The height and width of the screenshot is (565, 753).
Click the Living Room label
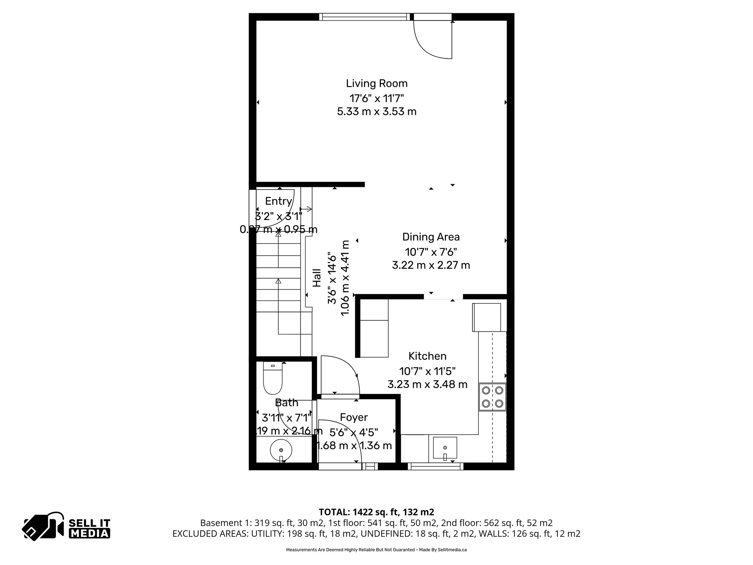(x=376, y=83)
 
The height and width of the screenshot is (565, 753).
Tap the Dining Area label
(x=431, y=237)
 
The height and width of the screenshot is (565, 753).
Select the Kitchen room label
(x=427, y=356)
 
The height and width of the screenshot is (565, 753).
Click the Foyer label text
(x=354, y=417)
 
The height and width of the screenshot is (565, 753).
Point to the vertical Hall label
(x=317, y=278)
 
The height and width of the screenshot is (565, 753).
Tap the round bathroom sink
(x=281, y=450)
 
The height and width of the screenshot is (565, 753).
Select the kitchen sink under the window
(x=445, y=448)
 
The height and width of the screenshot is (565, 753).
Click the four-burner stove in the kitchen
(x=492, y=397)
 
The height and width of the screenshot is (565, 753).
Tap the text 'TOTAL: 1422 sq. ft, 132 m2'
(x=376, y=512)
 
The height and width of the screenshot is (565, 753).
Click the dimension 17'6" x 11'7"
(x=376, y=98)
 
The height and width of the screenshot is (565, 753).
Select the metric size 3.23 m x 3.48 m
(x=427, y=385)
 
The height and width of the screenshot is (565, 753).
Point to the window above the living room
(x=364, y=17)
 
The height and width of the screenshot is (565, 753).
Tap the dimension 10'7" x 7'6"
(x=431, y=252)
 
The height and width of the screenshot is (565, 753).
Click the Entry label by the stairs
(x=278, y=201)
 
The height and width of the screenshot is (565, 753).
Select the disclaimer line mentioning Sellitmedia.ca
(x=376, y=550)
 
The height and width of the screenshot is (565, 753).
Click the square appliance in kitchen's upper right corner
(x=486, y=317)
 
